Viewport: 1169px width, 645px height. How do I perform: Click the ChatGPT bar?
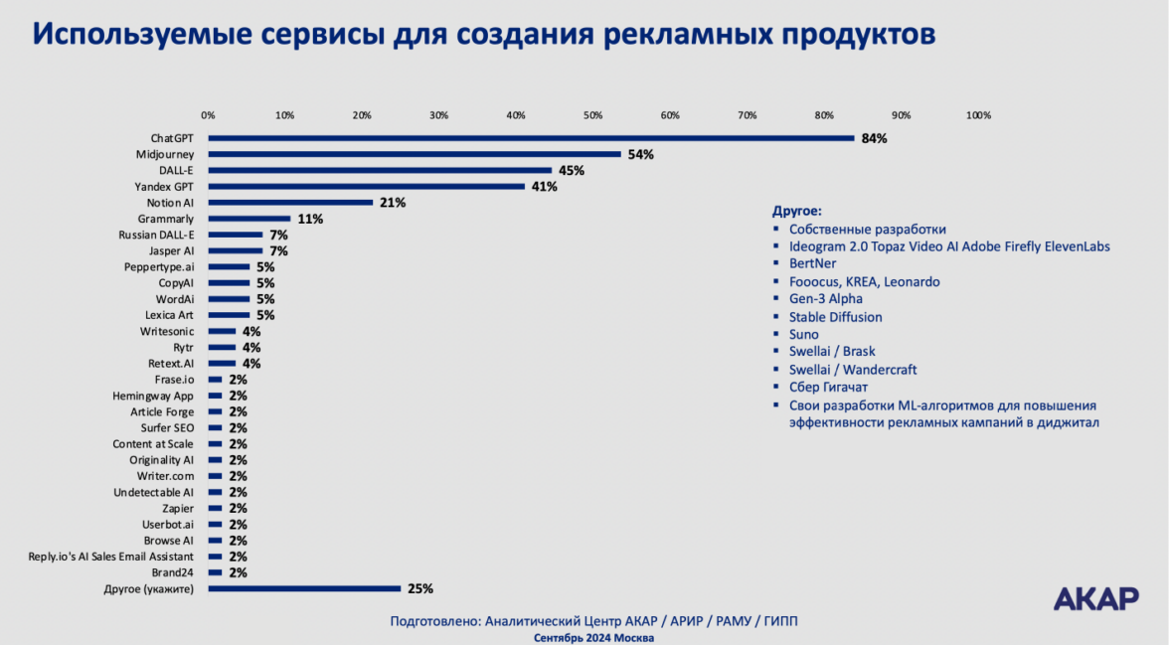pyautogui.click(x=531, y=138)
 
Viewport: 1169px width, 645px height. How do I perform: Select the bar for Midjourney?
pyautogui.click(x=415, y=154)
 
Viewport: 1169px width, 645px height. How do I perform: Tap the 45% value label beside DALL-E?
pyautogui.click(x=571, y=171)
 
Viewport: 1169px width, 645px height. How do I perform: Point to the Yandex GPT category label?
pyautogui.click(x=164, y=187)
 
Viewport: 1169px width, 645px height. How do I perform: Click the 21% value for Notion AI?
pyautogui.click(x=393, y=203)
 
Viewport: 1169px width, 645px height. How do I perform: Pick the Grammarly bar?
pyautogui.click(x=250, y=219)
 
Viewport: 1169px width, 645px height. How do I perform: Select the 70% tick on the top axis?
pyautogui.click(x=747, y=115)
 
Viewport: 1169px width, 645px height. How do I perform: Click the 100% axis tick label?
pyautogui.click(x=978, y=115)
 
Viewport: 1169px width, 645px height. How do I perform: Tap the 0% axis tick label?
pyautogui.click(x=208, y=115)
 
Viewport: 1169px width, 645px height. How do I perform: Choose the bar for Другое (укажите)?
pyautogui.click(x=304, y=588)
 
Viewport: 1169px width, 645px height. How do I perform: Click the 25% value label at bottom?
pyautogui.click(x=420, y=588)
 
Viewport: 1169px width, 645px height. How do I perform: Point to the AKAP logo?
pyautogui.click(x=1095, y=598)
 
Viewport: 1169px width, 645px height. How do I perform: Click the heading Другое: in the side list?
pyautogui.click(x=797, y=211)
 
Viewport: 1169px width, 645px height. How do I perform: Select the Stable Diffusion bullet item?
pyautogui.click(x=835, y=317)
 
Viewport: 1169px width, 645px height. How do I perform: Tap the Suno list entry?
pyautogui.click(x=803, y=335)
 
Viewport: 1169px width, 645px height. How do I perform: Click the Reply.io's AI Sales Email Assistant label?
pyautogui.click(x=111, y=557)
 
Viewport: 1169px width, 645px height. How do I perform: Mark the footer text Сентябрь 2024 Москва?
pyautogui.click(x=593, y=637)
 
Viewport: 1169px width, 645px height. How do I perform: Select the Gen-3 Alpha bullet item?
pyautogui.click(x=825, y=299)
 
